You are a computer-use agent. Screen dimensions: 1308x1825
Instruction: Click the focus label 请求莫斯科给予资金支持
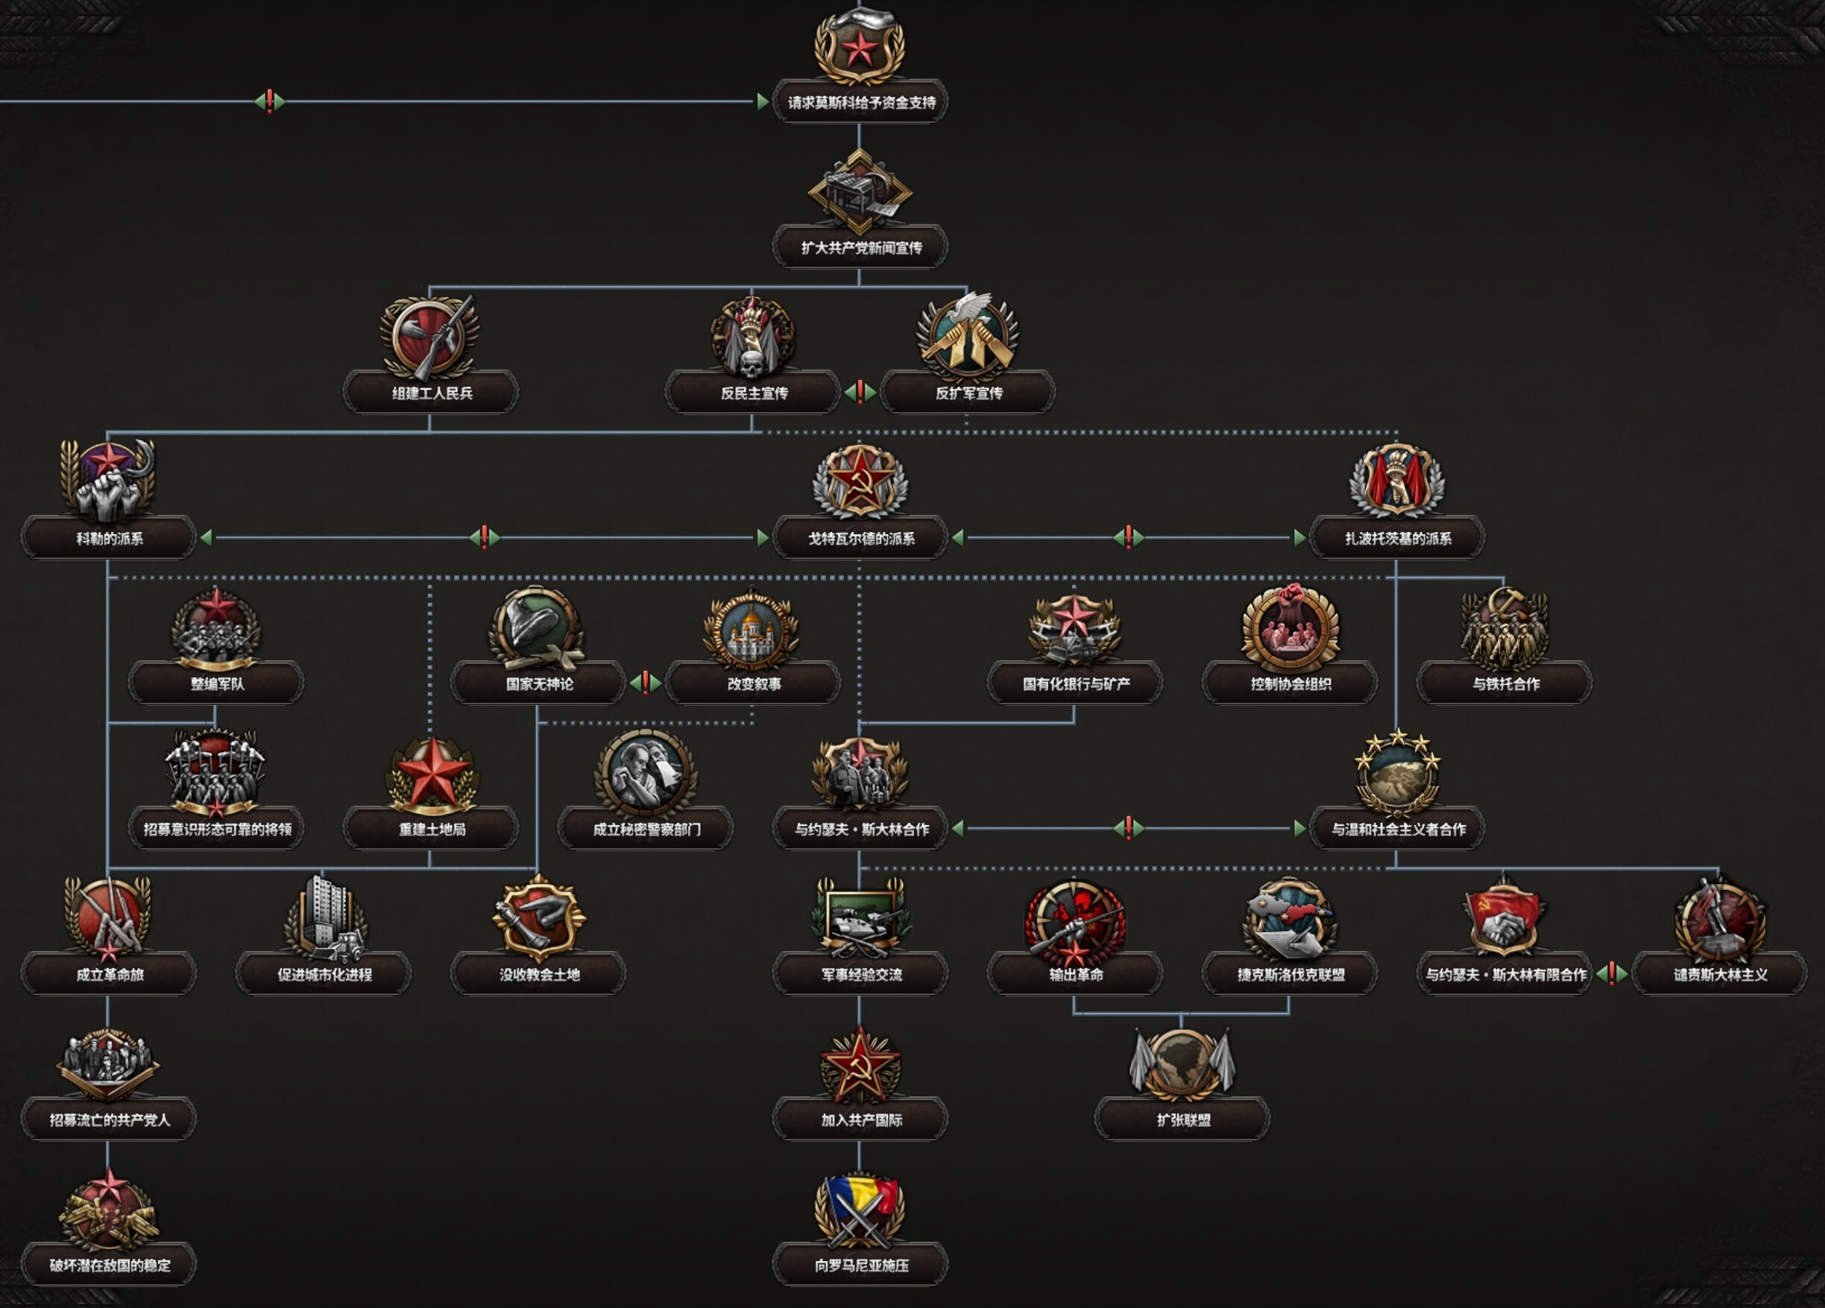tap(860, 102)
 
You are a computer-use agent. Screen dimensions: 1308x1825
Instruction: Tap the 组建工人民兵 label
tap(432, 393)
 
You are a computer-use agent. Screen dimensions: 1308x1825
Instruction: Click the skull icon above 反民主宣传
tap(752, 338)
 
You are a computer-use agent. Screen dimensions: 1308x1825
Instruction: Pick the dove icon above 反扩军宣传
tap(967, 336)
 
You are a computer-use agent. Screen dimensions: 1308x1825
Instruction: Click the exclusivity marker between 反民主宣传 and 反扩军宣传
tap(860, 392)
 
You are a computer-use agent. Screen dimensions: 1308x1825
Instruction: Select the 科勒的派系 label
tap(109, 538)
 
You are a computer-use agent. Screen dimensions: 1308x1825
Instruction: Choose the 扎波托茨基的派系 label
tap(1398, 538)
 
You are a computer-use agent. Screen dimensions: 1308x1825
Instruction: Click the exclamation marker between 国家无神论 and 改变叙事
tap(646, 683)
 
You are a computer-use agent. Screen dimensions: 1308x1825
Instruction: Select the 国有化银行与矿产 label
tap(1075, 683)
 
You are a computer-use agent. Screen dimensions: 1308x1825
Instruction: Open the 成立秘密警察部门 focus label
tap(646, 829)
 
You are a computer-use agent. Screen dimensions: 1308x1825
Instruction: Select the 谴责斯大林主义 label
tap(1720, 974)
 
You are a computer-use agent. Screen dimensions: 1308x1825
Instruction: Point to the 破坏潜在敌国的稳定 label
tap(109, 1265)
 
